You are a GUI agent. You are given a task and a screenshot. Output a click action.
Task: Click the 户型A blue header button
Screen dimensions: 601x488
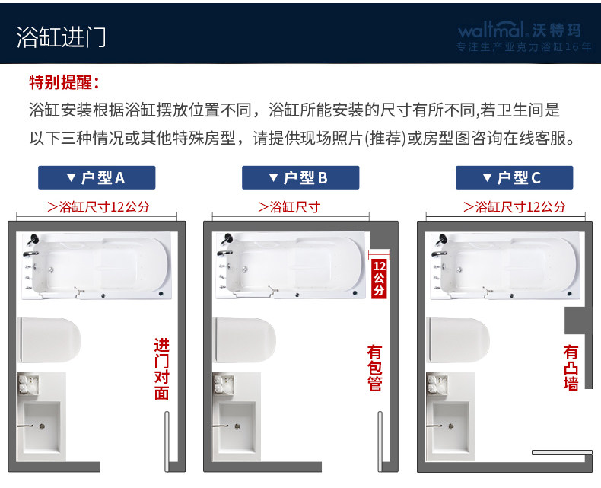(97, 177)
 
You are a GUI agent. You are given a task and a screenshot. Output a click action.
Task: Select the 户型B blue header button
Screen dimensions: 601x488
(300, 177)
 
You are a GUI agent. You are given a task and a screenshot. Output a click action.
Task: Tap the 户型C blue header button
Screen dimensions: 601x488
(514, 177)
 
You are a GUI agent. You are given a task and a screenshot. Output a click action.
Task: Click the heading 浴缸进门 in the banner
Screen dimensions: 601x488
(61, 37)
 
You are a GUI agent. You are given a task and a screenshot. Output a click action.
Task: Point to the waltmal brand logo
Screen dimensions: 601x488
(520, 30)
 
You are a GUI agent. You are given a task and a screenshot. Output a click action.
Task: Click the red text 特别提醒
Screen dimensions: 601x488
(65, 82)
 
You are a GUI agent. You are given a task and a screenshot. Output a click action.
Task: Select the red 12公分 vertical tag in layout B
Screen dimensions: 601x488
(379, 278)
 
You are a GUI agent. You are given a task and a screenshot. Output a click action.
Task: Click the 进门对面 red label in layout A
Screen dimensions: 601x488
(162, 369)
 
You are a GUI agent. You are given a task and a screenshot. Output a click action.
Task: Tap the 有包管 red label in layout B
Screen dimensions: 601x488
(374, 368)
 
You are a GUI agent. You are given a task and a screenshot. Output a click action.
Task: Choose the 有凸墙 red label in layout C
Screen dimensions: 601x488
(571, 368)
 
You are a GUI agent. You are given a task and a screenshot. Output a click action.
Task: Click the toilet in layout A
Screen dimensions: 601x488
(49, 340)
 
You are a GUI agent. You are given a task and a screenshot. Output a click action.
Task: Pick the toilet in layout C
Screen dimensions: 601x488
(458, 340)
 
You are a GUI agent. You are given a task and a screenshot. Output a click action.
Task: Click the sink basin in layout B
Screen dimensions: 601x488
(237, 426)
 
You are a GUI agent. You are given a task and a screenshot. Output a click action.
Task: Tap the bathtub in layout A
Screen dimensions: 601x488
(97, 266)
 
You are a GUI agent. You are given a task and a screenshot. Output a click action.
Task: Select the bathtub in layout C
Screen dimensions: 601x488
(505, 266)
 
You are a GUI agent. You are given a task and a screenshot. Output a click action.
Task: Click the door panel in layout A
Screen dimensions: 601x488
(167, 442)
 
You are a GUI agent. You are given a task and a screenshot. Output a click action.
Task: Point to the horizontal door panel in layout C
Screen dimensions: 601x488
(562, 452)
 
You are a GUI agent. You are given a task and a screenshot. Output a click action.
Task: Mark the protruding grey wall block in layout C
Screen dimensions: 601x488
(575, 321)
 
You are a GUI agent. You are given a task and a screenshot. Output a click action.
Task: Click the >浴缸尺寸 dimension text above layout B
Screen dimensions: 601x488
(289, 207)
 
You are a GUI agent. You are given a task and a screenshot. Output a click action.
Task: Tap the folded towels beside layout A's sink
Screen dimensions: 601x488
(29, 384)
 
